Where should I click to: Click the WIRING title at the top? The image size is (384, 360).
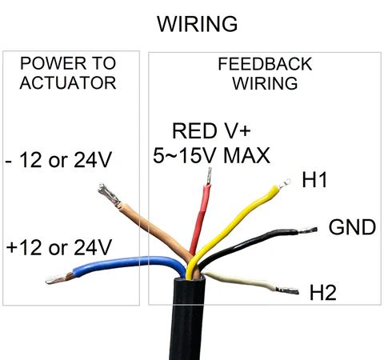[198, 24]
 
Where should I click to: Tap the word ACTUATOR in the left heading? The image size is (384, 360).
[68, 83]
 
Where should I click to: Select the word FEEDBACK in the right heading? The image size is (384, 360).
[265, 64]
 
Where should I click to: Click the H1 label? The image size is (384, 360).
[314, 180]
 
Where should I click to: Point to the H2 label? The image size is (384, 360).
[323, 293]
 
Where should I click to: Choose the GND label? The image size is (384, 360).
[352, 227]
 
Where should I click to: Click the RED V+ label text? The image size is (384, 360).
[211, 130]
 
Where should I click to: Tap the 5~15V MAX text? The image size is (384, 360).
[211, 155]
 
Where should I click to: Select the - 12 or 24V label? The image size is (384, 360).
[58, 160]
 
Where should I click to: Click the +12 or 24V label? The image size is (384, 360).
[58, 247]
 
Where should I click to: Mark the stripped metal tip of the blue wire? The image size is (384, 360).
[59, 278]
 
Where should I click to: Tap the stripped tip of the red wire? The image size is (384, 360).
[209, 176]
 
